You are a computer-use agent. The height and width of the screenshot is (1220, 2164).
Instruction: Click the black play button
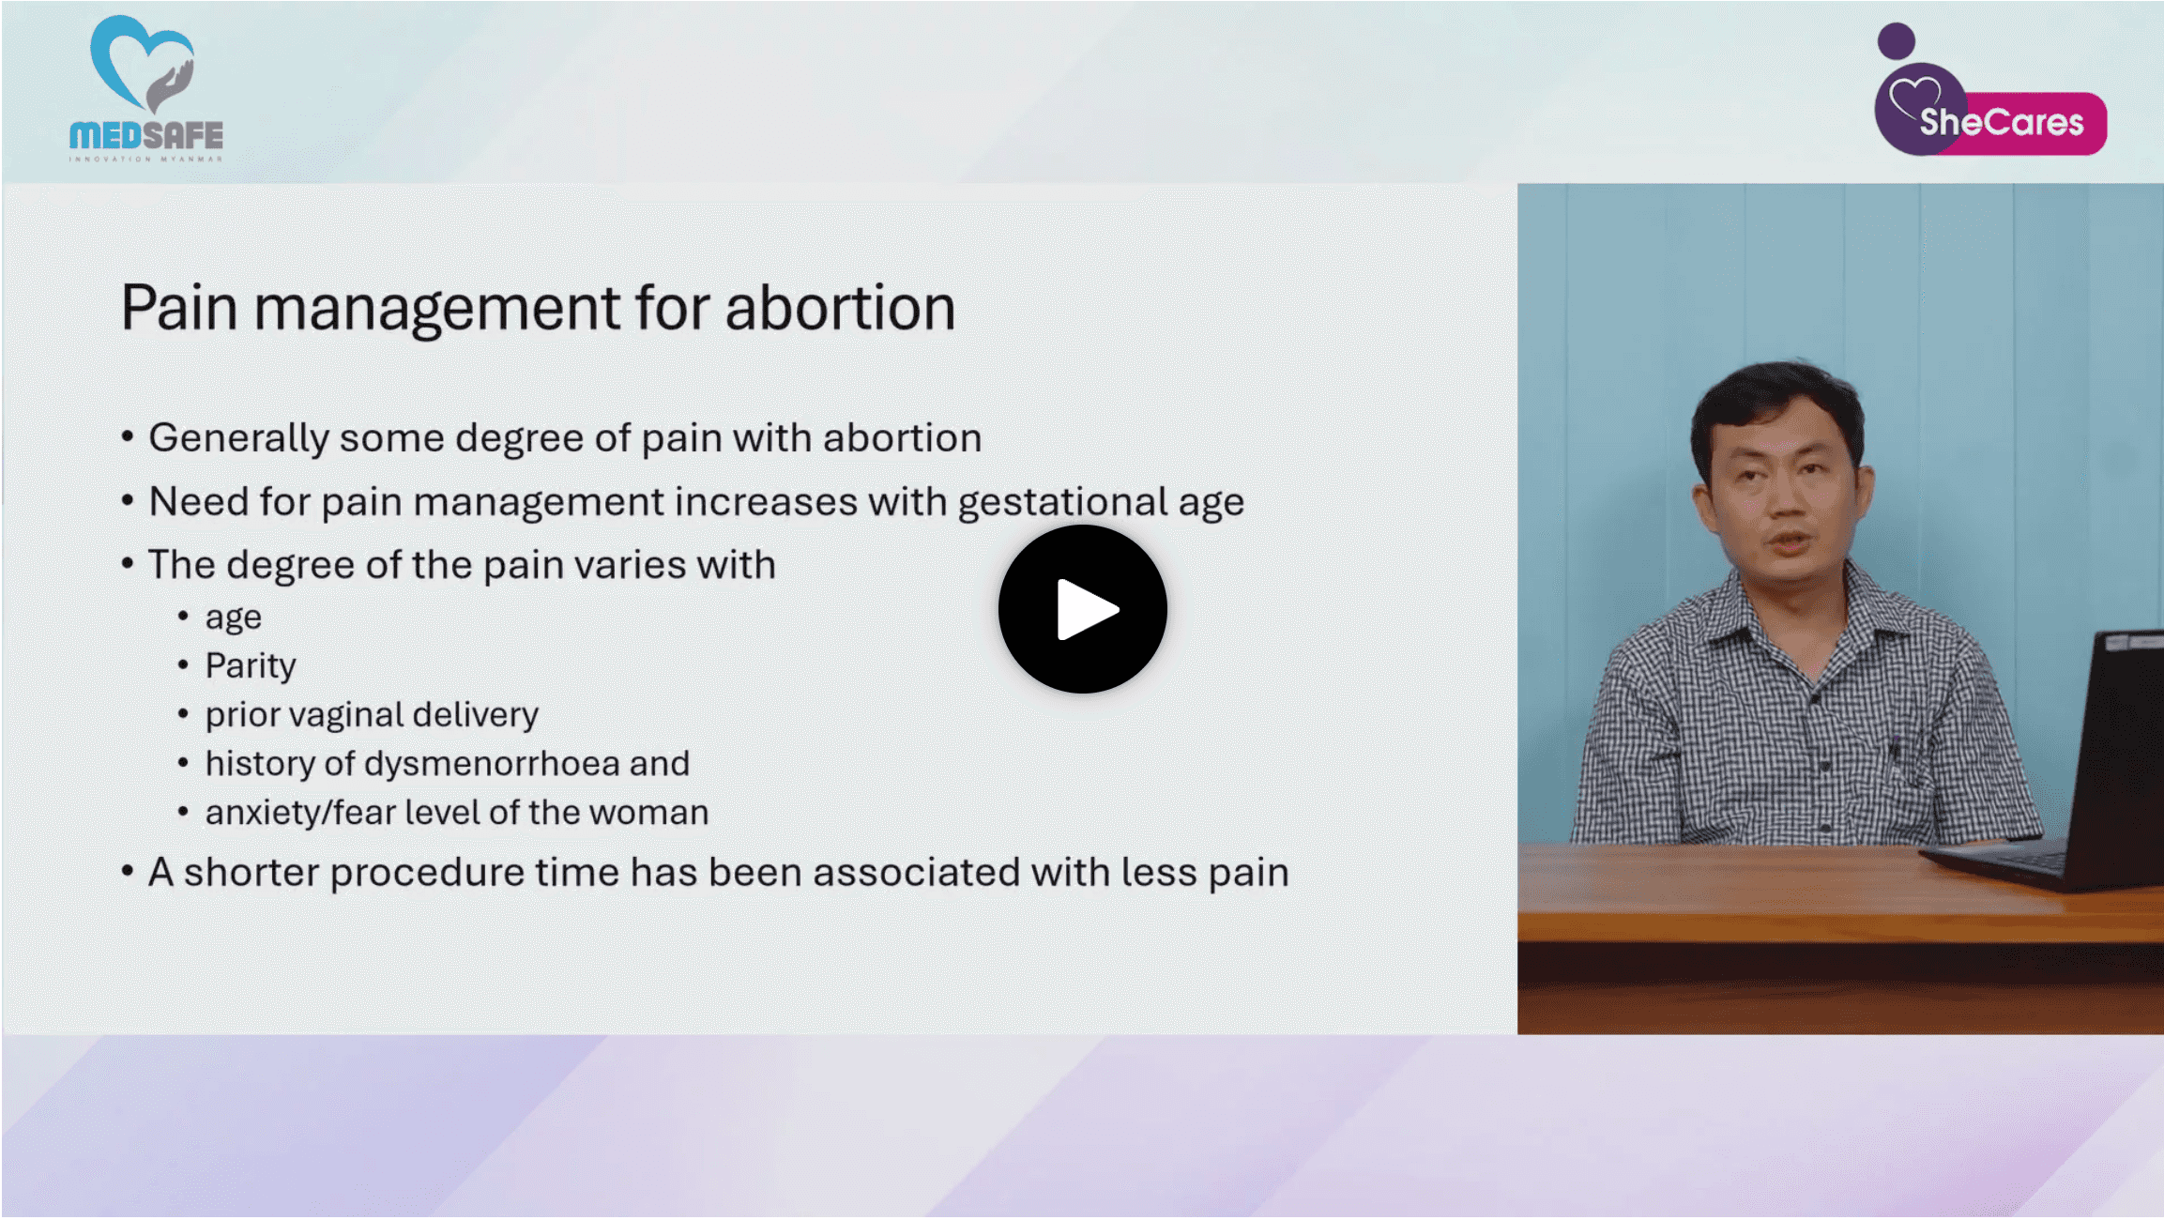(x=1082, y=609)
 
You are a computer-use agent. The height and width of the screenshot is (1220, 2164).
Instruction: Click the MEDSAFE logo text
(x=146, y=136)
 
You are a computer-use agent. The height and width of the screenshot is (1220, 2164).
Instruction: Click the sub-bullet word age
(x=233, y=618)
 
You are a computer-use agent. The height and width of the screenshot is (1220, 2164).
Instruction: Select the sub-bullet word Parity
(x=251, y=665)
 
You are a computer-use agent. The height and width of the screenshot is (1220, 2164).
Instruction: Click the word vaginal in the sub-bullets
(x=345, y=715)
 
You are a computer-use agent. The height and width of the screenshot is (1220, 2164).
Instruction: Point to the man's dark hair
(x=1774, y=394)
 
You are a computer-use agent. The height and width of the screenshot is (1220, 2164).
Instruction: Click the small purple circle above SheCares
(x=1896, y=41)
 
